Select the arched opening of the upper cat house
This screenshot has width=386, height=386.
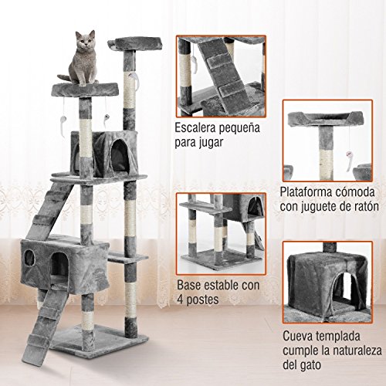118,152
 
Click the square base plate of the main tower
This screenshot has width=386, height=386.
96,337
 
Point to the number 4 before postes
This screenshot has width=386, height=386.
180,299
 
